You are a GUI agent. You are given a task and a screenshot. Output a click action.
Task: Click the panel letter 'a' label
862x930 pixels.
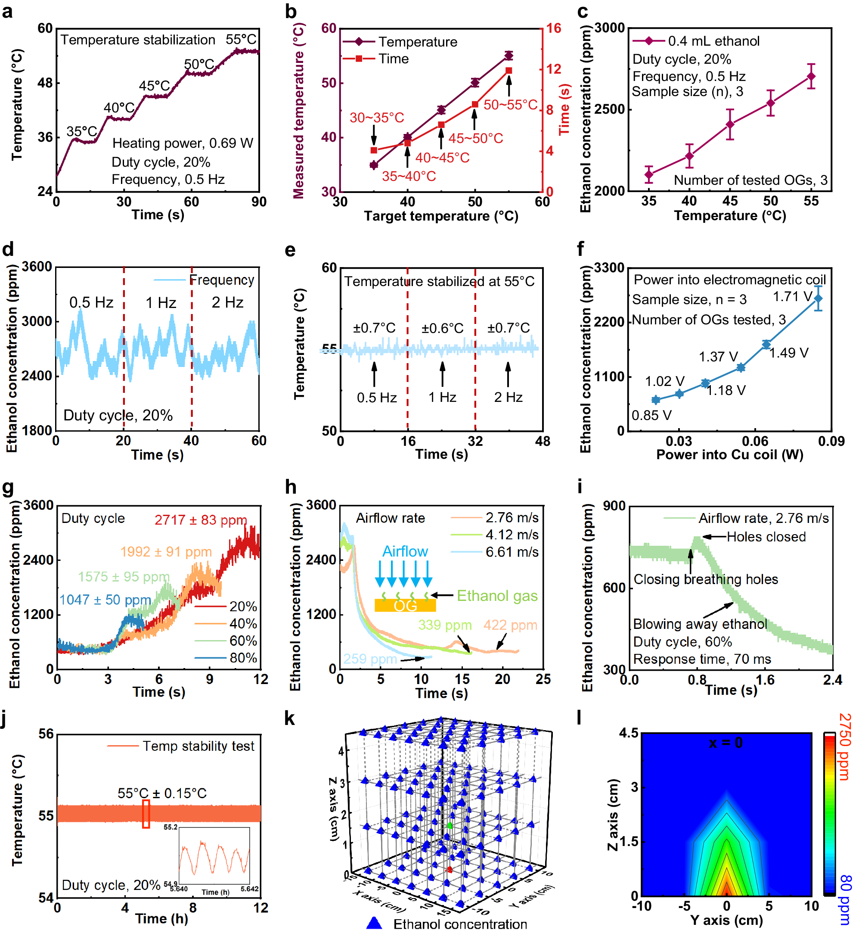pos(7,11)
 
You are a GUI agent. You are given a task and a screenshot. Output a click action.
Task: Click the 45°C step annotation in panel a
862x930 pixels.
pos(155,86)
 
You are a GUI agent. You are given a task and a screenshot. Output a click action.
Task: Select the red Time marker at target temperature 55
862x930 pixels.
pos(509,71)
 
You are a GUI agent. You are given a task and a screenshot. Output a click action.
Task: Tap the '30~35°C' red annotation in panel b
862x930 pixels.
pos(377,118)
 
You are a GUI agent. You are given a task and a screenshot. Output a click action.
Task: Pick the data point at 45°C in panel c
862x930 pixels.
pos(730,124)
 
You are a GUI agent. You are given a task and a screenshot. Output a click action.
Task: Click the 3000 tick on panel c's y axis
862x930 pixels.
pos(610,28)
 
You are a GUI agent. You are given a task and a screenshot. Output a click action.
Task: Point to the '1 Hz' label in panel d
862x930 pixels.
pos(161,303)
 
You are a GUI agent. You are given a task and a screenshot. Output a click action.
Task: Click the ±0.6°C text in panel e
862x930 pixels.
pos(442,329)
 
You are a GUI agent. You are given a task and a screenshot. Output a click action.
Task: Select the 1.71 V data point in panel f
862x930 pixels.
pos(818,299)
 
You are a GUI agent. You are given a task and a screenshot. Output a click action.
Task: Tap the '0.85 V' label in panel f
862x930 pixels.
pos(651,415)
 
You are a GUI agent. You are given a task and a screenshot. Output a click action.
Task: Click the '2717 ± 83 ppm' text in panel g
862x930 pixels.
pos(201,520)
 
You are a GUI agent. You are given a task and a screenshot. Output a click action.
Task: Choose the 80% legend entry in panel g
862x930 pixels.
pos(243,658)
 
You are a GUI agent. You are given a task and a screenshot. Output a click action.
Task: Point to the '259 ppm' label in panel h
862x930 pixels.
pos(370,659)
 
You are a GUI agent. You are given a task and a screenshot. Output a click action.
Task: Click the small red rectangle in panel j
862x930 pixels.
pos(146,814)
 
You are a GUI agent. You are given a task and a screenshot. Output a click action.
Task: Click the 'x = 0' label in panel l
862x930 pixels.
pos(726,743)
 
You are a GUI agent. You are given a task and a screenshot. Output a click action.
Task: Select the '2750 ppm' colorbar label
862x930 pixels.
pos(845,747)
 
